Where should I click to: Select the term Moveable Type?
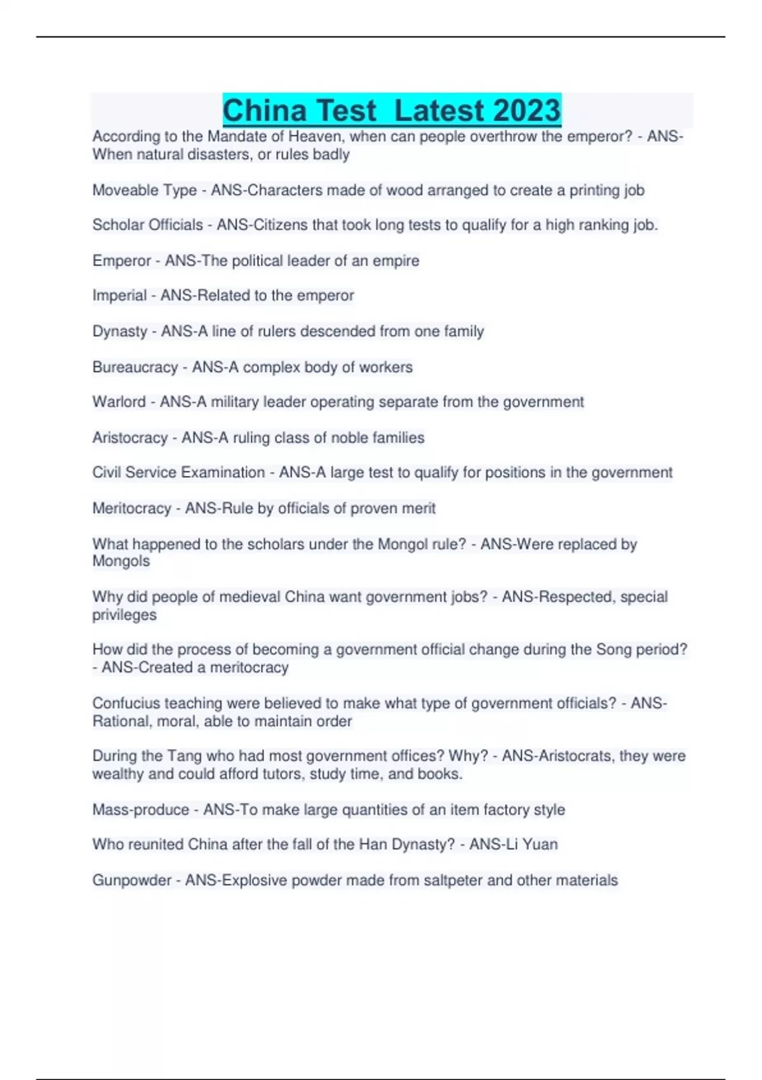pyautogui.click(x=144, y=190)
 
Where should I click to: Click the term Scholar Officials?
pyautogui.click(x=147, y=225)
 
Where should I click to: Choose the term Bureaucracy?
pyautogui.click(x=135, y=367)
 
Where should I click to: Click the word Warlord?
pyautogui.click(x=119, y=402)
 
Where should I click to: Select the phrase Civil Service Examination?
pyautogui.click(x=178, y=473)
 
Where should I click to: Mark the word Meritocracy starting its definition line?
pyautogui.click(x=131, y=508)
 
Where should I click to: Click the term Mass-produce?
pyautogui.click(x=140, y=810)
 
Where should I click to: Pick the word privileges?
pyautogui.click(x=124, y=615)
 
